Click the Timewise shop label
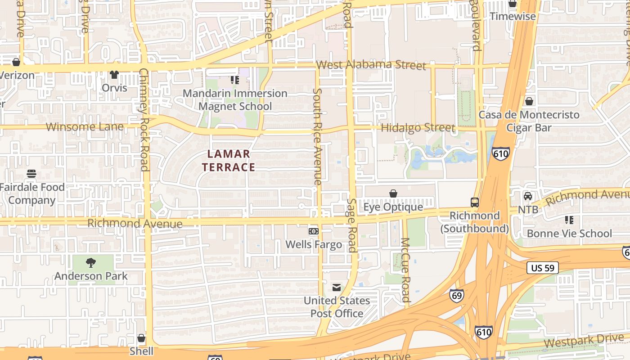[513, 17]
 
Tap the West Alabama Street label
[371, 65]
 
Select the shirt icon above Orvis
[114, 75]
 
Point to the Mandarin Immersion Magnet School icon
[234, 80]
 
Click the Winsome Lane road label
[85, 127]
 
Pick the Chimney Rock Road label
[144, 120]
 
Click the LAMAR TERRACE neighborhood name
[229, 161]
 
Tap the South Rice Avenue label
[317, 136]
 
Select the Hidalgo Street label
[418, 128]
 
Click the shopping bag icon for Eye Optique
[393, 193]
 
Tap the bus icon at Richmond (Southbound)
[475, 202]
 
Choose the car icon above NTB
[528, 196]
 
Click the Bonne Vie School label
[569, 234]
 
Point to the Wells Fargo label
[314, 245]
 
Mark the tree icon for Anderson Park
[91, 263]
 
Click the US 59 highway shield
[542, 268]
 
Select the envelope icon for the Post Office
[337, 288]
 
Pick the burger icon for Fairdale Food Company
[31, 174]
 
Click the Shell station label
[141, 351]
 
